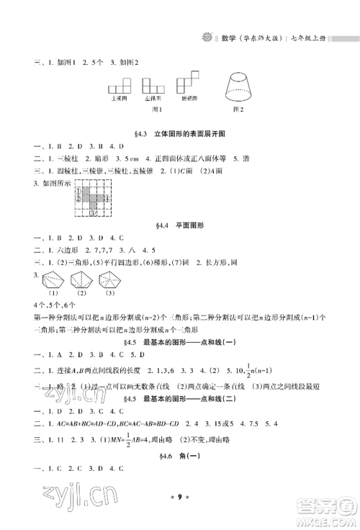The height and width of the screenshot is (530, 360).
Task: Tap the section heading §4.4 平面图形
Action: click(179, 225)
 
